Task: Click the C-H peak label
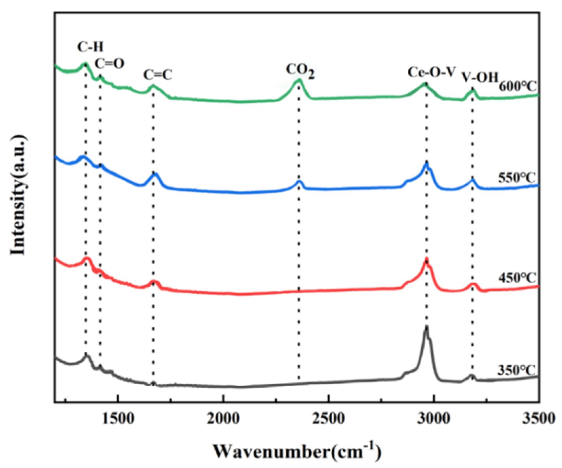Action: point(90,47)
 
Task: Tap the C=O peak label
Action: point(109,63)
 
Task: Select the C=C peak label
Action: point(158,75)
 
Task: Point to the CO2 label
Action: point(300,71)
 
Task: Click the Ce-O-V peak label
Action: point(432,72)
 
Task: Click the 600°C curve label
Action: point(518,86)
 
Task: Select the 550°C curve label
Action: point(517,178)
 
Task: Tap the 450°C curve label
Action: point(517,278)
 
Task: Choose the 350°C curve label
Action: point(516,370)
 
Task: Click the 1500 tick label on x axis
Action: point(118,419)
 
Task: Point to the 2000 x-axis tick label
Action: point(223,419)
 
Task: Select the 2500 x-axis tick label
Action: point(329,419)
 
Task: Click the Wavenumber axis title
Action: point(297,451)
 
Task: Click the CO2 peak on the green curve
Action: point(299,81)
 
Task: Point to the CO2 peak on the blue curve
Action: point(299,182)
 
